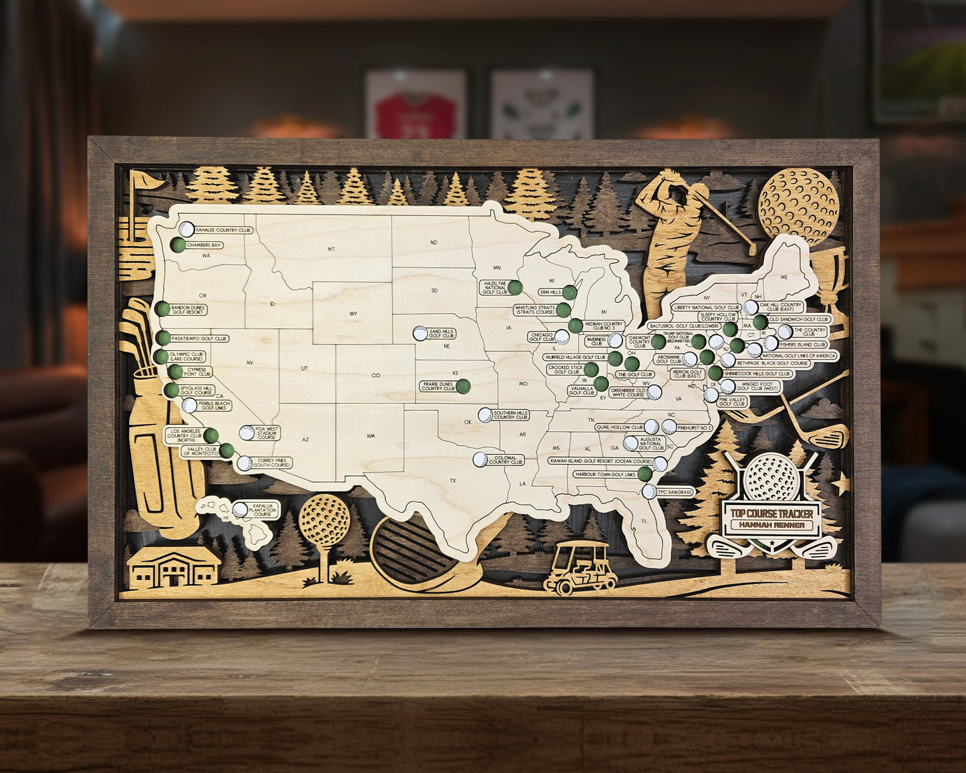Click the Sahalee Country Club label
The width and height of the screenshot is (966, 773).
pyautogui.click(x=223, y=230)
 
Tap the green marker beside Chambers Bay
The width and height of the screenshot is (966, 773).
pyautogui.click(x=178, y=245)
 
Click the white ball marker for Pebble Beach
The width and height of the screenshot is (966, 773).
pyautogui.click(x=189, y=405)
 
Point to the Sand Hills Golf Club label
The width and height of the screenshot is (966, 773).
pyautogui.click(x=442, y=333)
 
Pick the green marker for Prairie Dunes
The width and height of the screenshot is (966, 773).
pyautogui.click(x=463, y=386)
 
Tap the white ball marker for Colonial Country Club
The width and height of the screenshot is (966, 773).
pyautogui.click(x=480, y=459)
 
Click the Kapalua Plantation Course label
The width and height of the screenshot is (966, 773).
pyautogui.click(x=262, y=510)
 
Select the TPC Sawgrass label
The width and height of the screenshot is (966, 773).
pyautogui.click(x=677, y=491)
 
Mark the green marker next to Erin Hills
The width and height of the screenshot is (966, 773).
pyautogui.click(x=570, y=292)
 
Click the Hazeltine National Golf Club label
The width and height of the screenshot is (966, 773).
pyautogui.click(x=495, y=288)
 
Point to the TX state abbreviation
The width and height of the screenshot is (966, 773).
pyautogui.click(x=453, y=481)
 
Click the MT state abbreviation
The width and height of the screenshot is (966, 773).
pyautogui.click(x=330, y=249)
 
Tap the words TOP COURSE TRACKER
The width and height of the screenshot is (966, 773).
pyautogui.click(x=771, y=514)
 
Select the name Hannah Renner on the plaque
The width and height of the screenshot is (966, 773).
pyautogui.click(x=771, y=526)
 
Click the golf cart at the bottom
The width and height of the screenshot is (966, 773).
pyautogui.click(x=580, y=568)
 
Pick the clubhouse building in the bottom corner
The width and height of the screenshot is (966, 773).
pyautogui.click(x=174, y=568)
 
